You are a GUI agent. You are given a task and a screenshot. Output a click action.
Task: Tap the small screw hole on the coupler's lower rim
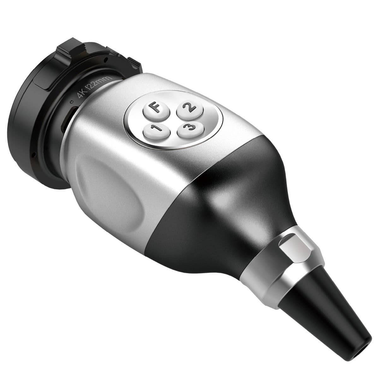tap(34, 155)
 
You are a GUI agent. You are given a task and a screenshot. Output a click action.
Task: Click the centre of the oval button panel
tap(174, 119)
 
